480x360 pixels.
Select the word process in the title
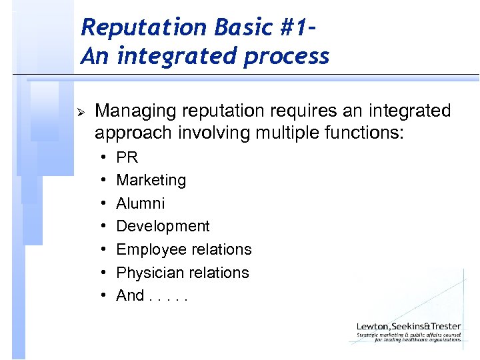point(287,56)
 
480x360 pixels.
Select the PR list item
point(127,157)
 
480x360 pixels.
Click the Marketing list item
point(151,180)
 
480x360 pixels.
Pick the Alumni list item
point(140,203)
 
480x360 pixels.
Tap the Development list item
point(163,227)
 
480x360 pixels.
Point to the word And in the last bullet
point(130,295)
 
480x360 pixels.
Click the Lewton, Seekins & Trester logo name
point(408,326)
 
